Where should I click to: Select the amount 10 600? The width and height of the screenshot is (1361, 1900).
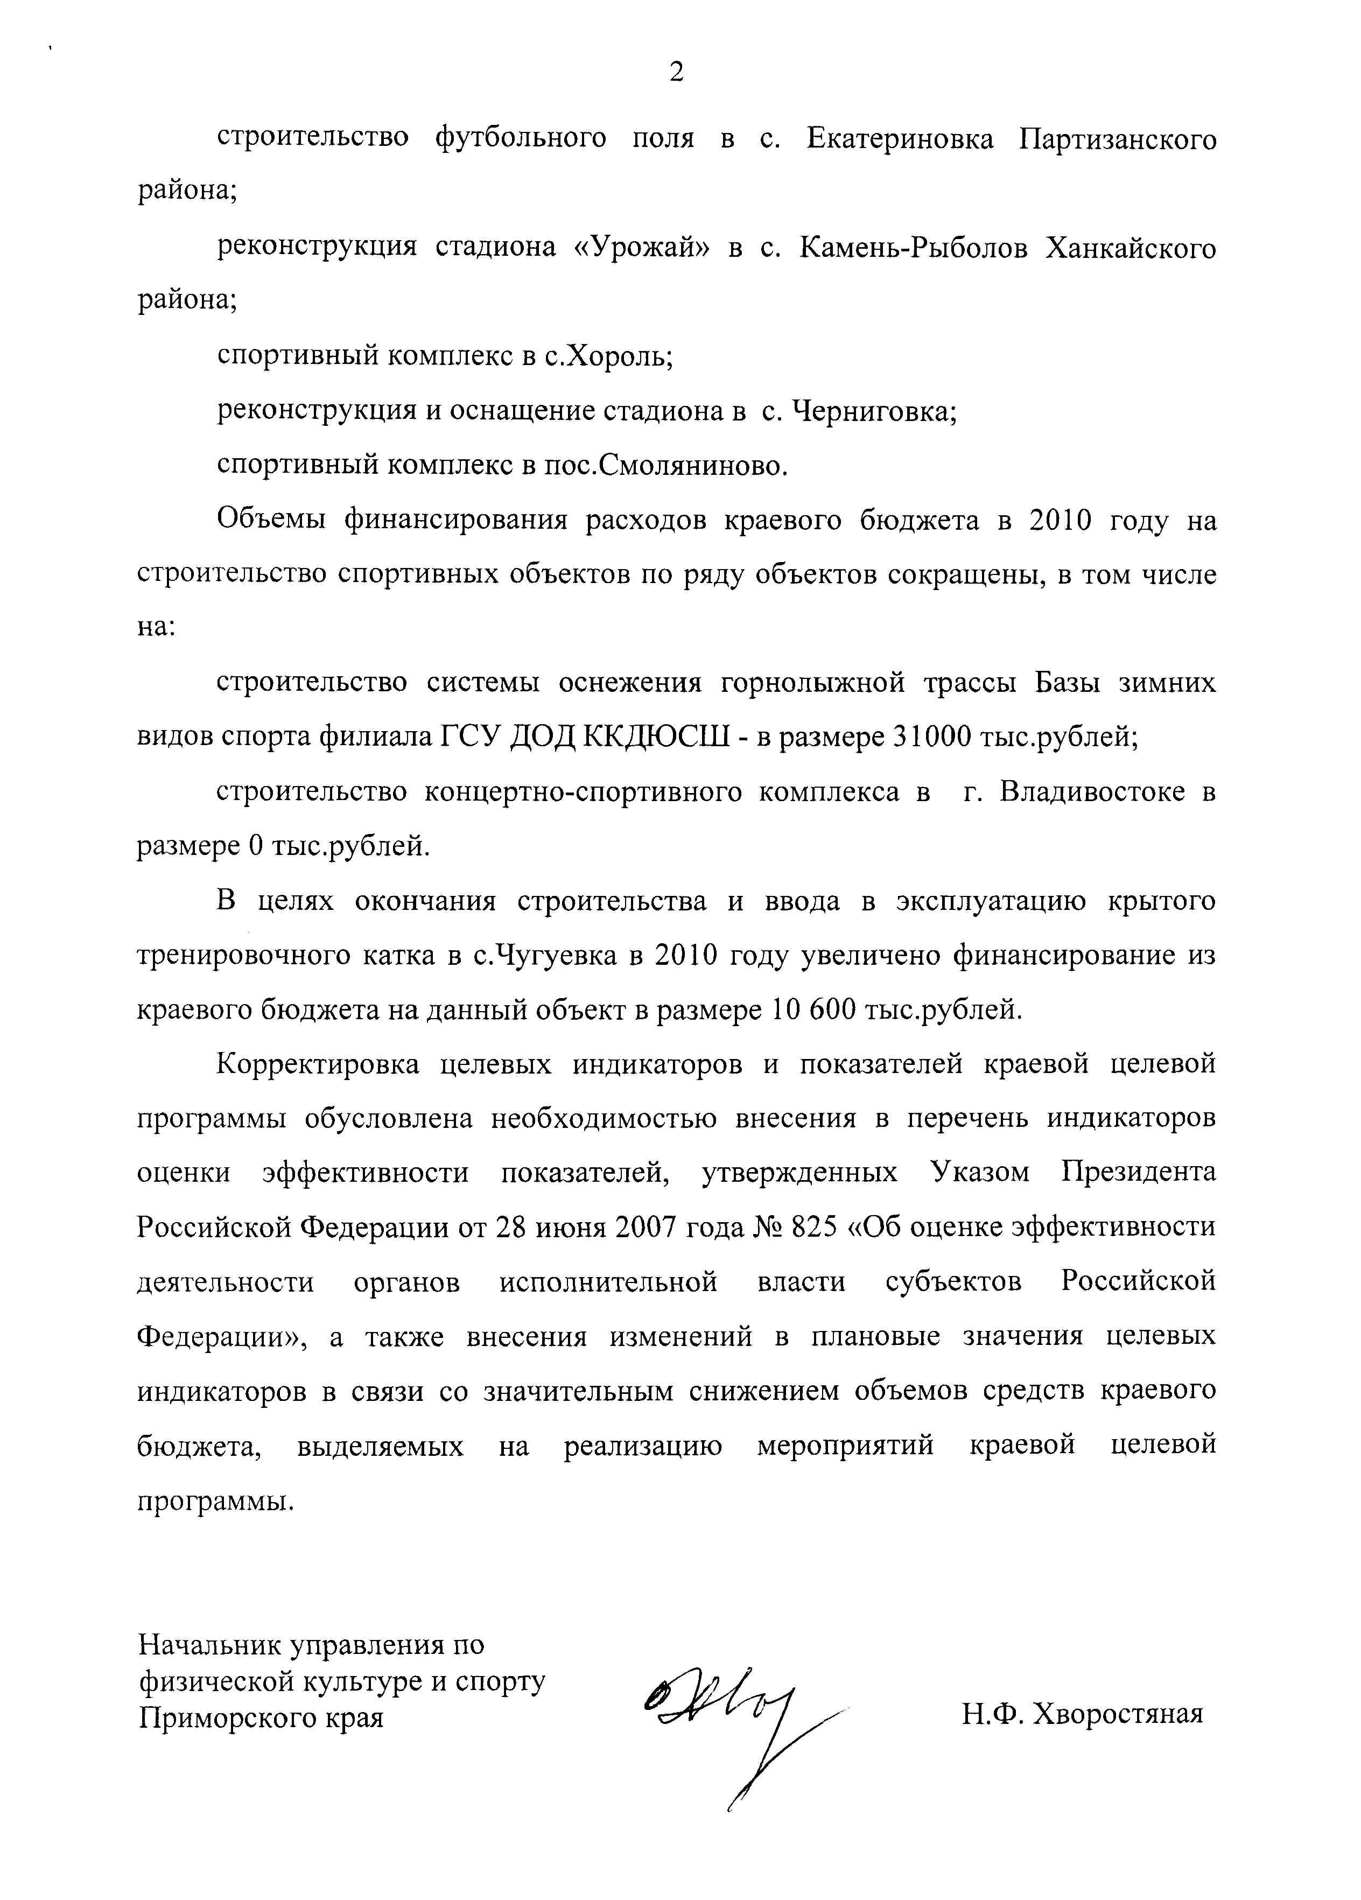pyautogui.click(x=811, y=1009)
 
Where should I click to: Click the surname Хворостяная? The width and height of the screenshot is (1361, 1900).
pyautogui.click(x=1117, y=1714)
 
